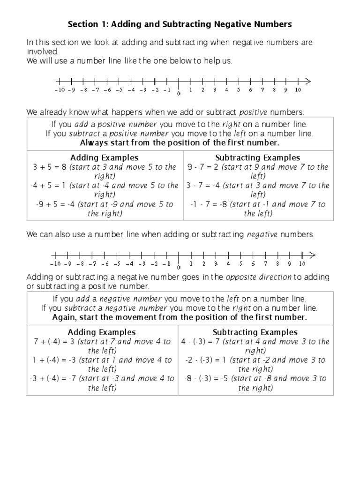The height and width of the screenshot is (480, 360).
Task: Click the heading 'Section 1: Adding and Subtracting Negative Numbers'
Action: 180,23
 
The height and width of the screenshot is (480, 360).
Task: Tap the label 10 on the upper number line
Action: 298,90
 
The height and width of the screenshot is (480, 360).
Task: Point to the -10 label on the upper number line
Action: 59,90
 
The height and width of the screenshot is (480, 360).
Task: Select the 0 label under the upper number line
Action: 179,94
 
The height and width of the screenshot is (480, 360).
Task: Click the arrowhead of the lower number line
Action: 312,255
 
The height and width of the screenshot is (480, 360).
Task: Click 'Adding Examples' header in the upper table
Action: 104,157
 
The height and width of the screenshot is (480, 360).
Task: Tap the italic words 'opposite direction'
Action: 258,277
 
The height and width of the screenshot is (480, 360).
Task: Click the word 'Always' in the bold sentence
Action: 93,143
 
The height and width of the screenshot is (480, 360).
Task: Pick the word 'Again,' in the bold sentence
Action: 65,317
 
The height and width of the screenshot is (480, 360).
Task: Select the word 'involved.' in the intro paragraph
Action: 43,52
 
